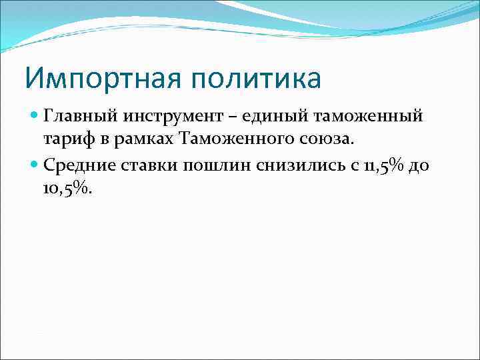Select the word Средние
click(x=74, y=165)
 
